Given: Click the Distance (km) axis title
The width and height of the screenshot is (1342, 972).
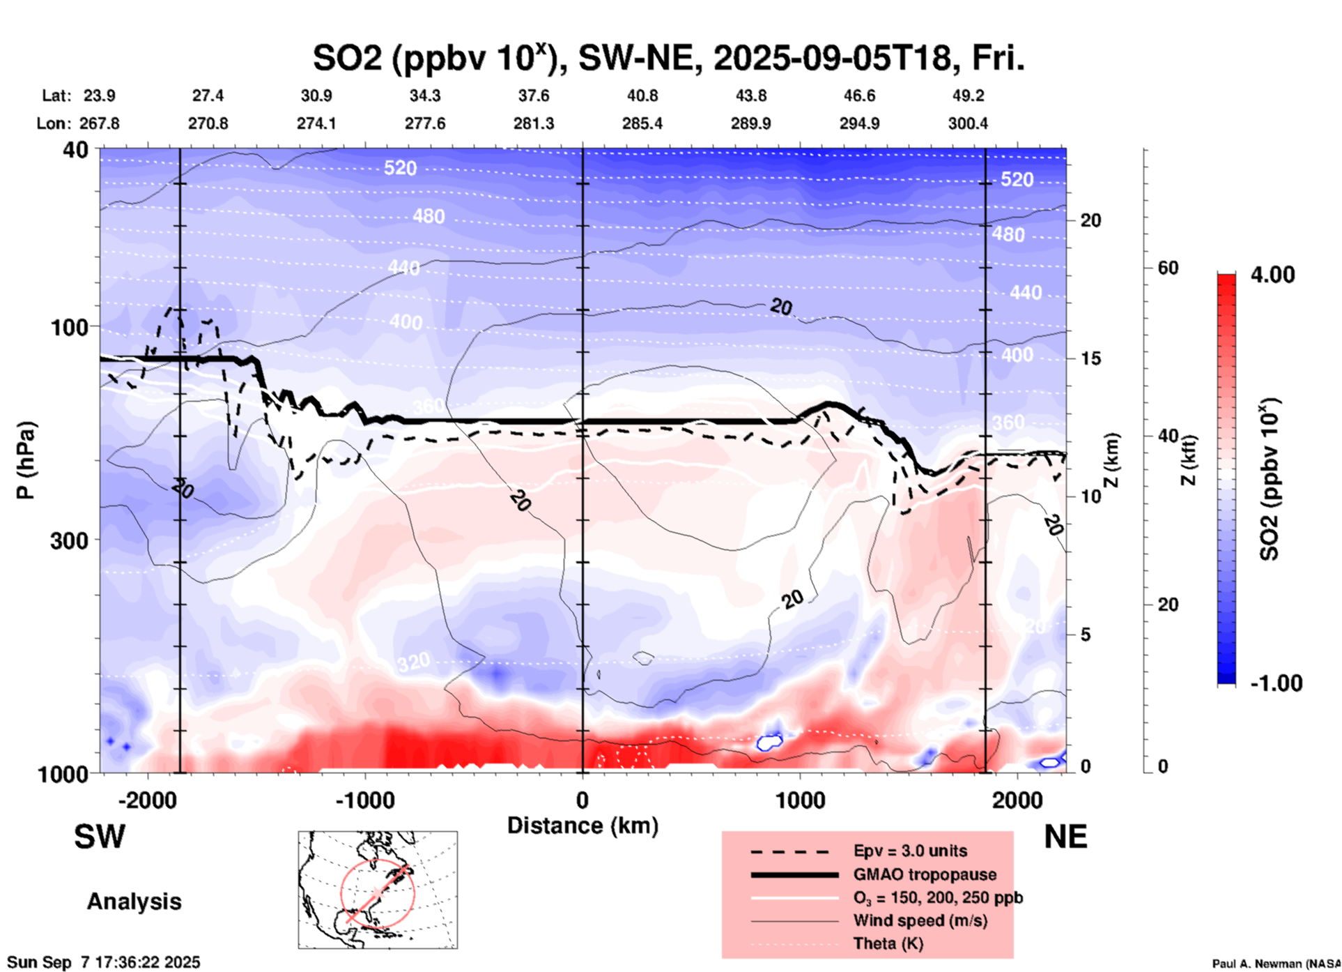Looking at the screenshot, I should pyautogui.click(x=583, y=826).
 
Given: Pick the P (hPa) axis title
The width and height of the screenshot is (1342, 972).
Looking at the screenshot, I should pyautogui.click(x=26, y=460).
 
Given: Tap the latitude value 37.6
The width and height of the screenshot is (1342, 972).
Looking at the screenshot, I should pyautogui.click(x=534, y=96).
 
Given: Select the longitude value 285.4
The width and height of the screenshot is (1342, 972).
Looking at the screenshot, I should pyautogui.click(x=642, y=123).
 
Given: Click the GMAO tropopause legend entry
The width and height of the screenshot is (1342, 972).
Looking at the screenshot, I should pyautogui.click(x=925, y=874).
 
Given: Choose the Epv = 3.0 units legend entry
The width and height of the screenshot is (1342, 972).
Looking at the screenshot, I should pyautogui.click(x=910, y=851).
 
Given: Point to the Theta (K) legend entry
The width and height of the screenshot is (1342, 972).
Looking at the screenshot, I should pyautogui.click(x=888, y=943).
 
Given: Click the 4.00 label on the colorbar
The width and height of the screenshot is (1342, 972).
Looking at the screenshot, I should pyautogui.click(x=1272, y=275).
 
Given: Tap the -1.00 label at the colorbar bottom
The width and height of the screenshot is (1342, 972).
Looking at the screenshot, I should pyautogui.click(x=1276, y=683).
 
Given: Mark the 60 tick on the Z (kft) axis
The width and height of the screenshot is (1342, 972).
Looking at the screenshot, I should pyautogui.click(x=1168, y=268).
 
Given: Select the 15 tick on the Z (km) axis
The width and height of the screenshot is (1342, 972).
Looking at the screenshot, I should pyautogui.click(x=1090, y=358).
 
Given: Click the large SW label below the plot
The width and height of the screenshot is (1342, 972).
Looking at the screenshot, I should pyautogui.click(x=100, y=837).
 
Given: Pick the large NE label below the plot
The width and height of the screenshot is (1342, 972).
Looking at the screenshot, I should pyautogui.click(x=1065, y=837).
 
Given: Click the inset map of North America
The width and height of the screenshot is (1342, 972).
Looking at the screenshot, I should pyautogui.click(x=378, y=889).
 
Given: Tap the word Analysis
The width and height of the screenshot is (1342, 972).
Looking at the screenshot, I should pyautogui.click(x=134, y=902).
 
